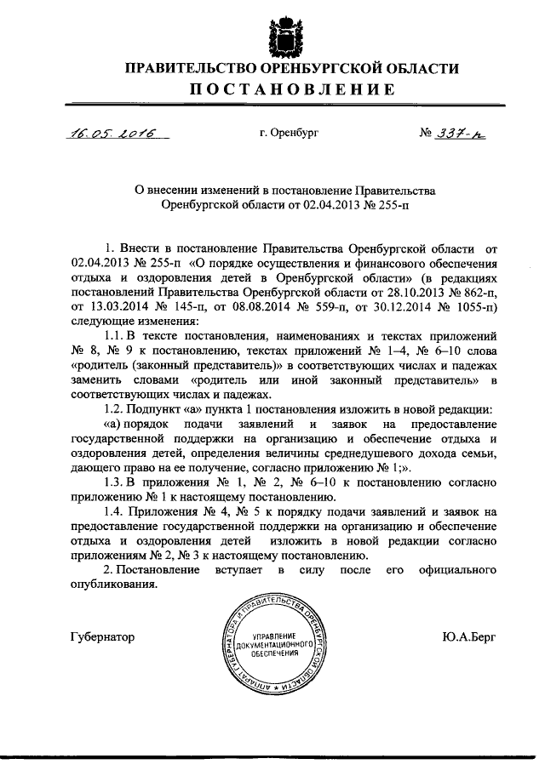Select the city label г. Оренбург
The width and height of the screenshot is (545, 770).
pos(289,134)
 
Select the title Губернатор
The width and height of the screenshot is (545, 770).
pos(101,637)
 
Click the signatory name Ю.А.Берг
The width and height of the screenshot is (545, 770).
pos(468,637)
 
